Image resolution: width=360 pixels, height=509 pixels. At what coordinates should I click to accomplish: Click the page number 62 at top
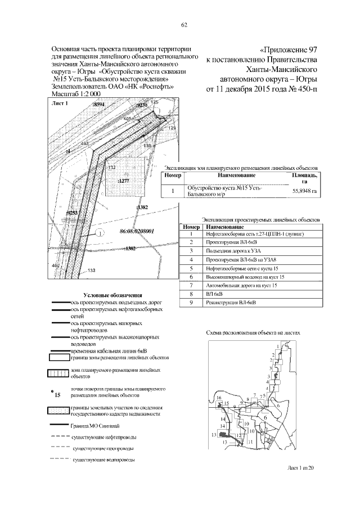[183, 24]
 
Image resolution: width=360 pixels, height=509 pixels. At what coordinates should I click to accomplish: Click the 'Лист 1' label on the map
[59, 104]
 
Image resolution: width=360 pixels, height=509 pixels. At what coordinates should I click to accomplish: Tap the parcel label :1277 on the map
[124, 181]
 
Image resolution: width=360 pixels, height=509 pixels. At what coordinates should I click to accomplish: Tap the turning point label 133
[91, 271]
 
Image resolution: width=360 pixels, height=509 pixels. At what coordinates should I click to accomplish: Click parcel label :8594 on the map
[99, 105]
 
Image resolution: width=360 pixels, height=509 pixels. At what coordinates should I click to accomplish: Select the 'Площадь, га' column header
[304, 178]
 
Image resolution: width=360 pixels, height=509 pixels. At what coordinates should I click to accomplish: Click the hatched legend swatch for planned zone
[58, 373]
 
